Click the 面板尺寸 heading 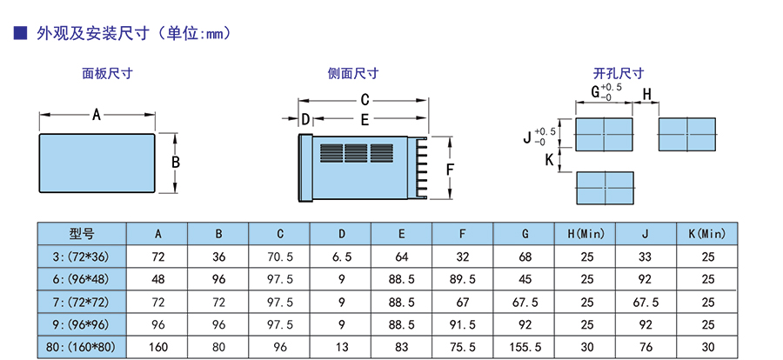[107, 75]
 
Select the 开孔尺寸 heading [618, 75]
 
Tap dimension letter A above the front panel [97, 114]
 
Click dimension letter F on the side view [450, 169]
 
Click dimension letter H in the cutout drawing [646, 94]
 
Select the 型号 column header [82, 233]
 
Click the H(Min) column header [586, 233]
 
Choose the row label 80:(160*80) [82, 347]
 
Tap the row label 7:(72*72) [82, 302]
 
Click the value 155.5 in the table [525, 347]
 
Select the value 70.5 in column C [280, 257]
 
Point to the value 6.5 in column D [341, 257]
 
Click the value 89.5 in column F [463, 279]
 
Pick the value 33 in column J [646, 257]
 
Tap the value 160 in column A [158, 347]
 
